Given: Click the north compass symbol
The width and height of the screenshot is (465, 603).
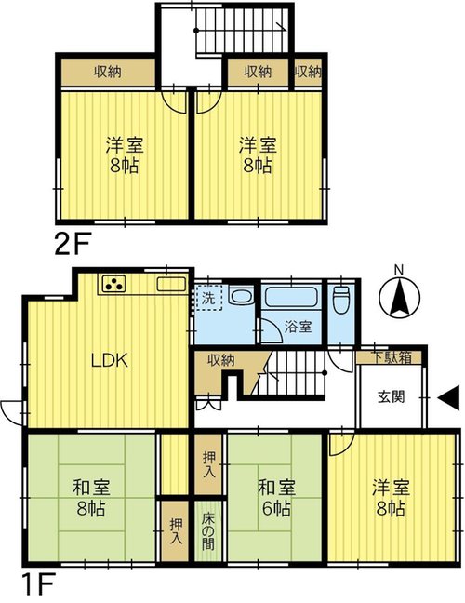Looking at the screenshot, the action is click(x=399, y=295).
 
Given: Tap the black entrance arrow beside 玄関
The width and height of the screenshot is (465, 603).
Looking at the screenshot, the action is click(x=449, y=398).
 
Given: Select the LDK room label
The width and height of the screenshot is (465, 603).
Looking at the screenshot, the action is click(x=110, y=360).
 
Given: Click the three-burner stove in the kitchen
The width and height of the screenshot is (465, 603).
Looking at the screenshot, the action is click(x=113, y=284).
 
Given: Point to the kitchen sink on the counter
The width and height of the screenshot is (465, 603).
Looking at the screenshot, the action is click(x=170, y=284).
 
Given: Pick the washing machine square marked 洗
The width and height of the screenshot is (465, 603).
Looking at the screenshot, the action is click(x=208, y=298).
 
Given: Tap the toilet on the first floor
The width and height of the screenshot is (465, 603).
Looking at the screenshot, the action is click(x=341, y=300).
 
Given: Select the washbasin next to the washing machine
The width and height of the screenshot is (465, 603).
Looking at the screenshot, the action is click(x=241, y=296).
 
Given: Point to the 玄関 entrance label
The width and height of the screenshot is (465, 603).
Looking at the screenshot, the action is click(x=392, y=396).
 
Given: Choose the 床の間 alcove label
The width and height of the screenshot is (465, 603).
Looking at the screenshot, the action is click(x=208, y=530).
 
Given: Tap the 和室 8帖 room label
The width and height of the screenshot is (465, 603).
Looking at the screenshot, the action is click(x=91, y=498).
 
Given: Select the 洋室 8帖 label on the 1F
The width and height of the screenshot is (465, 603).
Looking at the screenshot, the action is click(x=391, y=498).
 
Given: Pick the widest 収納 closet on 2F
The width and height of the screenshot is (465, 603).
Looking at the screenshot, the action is click(x=109, y=72).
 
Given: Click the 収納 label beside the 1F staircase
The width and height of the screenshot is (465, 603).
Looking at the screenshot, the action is click(x=220, y=360).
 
